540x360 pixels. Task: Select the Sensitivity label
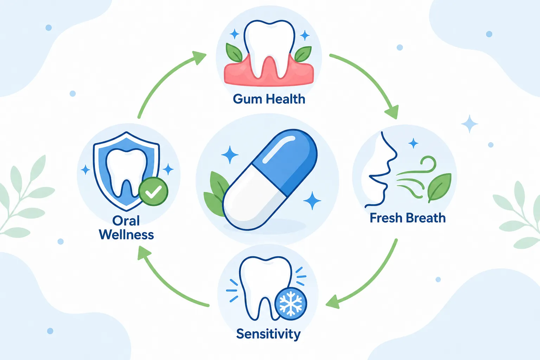[268, 334]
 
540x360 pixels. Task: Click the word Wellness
[126, 234]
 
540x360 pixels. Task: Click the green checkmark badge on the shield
[153, 192]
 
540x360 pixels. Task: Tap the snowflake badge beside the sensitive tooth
[291, 304]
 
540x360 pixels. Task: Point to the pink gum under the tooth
[269, 72]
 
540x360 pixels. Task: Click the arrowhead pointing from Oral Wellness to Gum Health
[200, 57]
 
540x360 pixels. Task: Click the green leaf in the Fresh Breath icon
[439, 187]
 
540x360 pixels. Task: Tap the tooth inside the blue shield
[126, 172]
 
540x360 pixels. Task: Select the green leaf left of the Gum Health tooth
[233, 53]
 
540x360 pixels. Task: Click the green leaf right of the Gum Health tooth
[303, 54]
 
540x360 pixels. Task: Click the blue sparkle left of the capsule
[230, 155]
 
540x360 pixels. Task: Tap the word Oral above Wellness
[126, 221]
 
